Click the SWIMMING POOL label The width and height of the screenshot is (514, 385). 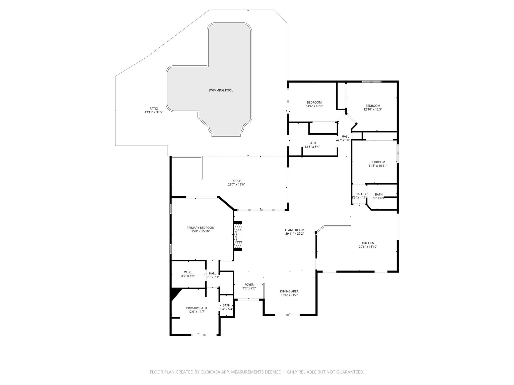(220, 90)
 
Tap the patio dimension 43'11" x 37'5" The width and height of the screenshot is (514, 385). (154, 112)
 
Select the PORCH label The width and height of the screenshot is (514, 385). (236, 181)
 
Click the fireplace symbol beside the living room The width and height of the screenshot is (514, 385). (238, 236)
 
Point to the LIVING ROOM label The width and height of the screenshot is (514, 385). (294, 230)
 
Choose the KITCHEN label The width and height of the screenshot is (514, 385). (368, 243)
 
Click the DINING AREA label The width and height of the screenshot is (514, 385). (289, 291)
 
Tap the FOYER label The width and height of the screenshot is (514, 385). (249, 285)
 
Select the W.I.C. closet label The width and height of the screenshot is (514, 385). (188, 272)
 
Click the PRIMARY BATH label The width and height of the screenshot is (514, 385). (197, 308)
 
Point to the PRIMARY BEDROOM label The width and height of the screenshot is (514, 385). (200, 228)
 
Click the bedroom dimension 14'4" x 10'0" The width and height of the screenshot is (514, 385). (314, 106)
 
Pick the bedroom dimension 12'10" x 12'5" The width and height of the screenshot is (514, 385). (372, 109)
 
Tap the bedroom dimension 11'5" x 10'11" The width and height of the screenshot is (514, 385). (377, 166)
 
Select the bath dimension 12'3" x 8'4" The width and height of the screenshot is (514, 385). (312, 147)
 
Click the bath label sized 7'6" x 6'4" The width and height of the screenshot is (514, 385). (378, 194)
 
